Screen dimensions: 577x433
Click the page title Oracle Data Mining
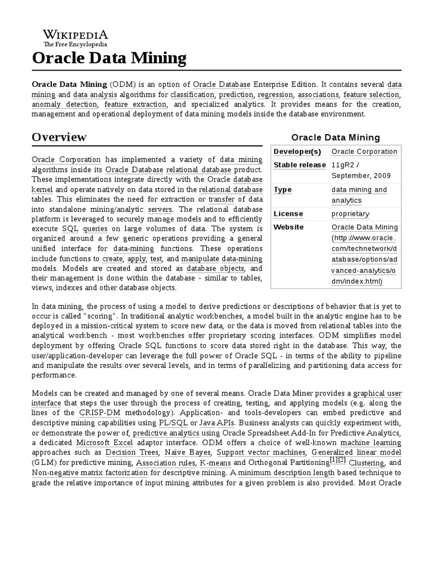click(x=109, y=57)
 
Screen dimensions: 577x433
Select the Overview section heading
click(x=59, y=137)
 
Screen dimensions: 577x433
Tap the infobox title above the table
click(x=335, y=137)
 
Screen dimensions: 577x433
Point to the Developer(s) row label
click(x=297, y=152)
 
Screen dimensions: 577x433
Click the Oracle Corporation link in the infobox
click(x=364, y=152)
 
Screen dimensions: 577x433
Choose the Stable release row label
click(x=300, y=165)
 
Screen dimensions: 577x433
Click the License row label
click(x=288, y=214)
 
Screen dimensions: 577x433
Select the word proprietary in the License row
click(x=351, y=214)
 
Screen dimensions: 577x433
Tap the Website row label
click(x=289, y=227)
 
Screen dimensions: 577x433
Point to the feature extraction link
click(x=135, y=104)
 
